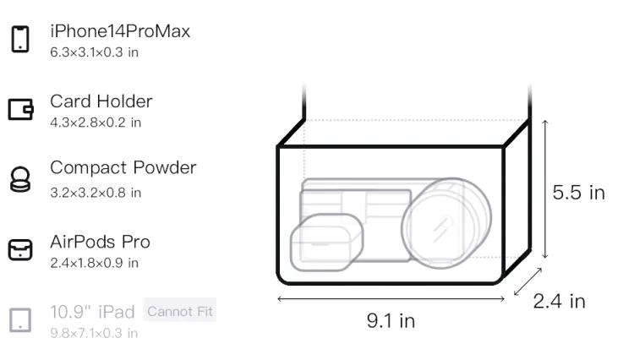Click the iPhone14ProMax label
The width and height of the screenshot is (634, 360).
[120, 31]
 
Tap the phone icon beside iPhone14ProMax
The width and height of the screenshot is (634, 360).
[20, 39]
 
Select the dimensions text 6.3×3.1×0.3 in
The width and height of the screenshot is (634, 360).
[94, 52]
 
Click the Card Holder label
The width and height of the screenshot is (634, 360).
[101, 101]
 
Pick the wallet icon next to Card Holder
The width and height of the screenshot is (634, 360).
[20, 109]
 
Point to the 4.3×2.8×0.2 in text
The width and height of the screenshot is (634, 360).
[96, 123]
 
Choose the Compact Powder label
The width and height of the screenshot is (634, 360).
[123, 167]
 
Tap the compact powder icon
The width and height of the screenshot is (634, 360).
[20, 179]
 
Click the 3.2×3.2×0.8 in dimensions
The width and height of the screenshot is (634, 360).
[96, 193]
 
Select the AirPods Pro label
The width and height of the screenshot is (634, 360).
[101, 242]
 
